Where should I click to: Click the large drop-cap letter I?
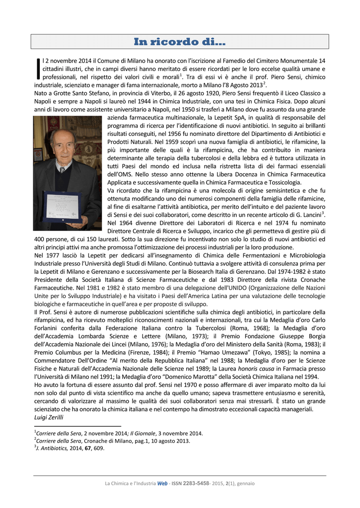click(x=39, y=69)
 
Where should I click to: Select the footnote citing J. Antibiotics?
click(x=70, y=448)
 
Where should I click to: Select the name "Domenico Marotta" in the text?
click(x=175, y=377)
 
